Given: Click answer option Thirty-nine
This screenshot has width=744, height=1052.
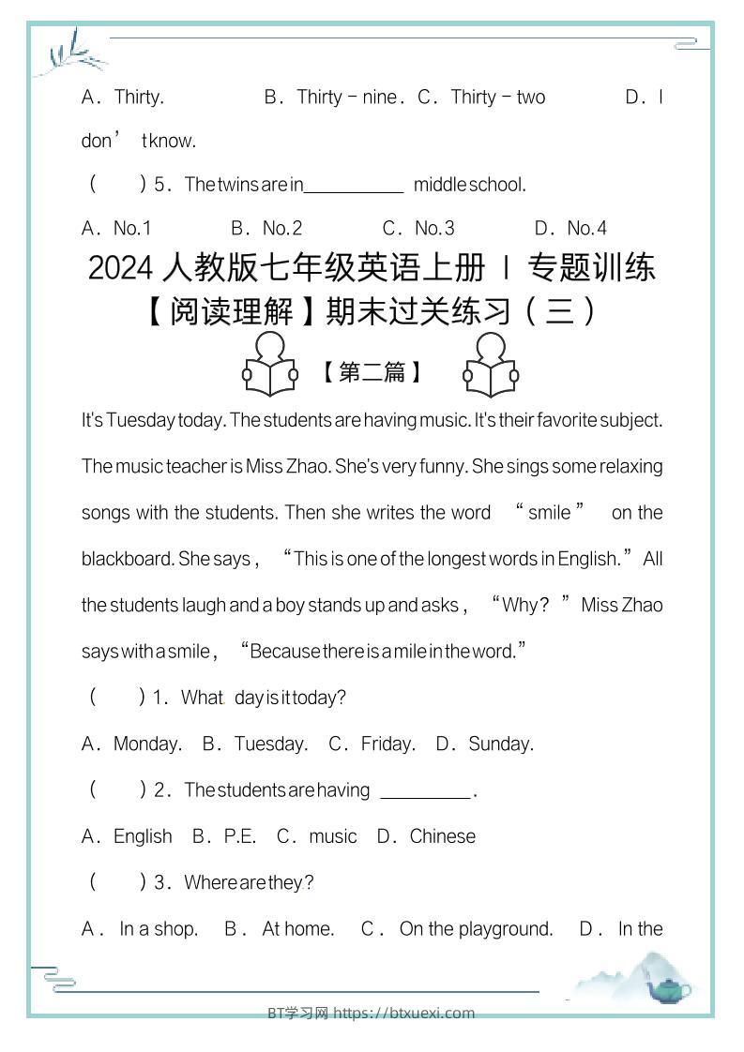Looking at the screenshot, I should (346, 97).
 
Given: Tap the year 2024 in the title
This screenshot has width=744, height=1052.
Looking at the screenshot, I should (120, 268).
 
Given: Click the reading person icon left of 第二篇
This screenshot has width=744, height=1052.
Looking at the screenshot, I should (270, 366).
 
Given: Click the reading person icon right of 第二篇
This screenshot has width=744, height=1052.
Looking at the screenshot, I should (490, 366).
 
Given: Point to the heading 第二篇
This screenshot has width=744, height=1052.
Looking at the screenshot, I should (372, 372).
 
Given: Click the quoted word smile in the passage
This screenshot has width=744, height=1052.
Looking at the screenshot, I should (549, 512).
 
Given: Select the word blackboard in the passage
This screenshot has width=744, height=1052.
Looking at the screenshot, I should (127, 558).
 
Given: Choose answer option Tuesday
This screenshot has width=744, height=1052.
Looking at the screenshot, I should (270, 744).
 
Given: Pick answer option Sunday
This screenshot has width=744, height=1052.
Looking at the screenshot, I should (500, 744).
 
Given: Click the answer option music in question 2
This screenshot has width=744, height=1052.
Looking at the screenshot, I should (333, 835).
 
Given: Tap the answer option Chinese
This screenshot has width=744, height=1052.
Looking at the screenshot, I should (442, 835).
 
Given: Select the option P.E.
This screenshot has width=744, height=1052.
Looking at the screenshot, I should (240, 835).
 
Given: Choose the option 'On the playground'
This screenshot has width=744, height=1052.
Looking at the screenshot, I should (476, 928).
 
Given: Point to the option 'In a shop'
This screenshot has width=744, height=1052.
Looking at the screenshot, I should (158, 928).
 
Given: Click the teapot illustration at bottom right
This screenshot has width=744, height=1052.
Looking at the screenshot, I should (668, 987).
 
